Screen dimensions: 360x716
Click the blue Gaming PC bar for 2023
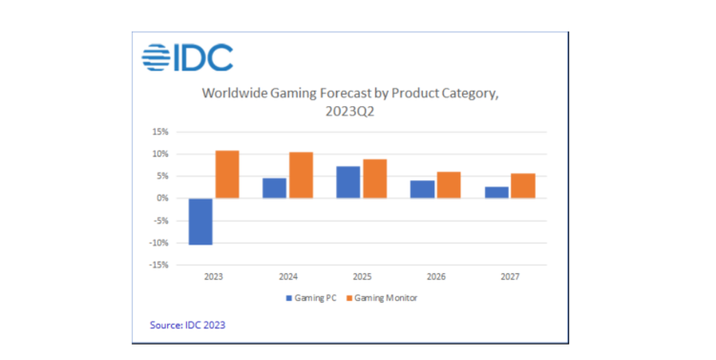click(200, 222)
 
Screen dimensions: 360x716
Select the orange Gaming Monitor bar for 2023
click(226, 174)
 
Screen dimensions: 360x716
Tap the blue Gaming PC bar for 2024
click(274, 188)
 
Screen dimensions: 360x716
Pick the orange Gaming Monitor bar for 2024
click(301, 175)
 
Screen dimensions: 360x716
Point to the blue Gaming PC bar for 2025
click(348, 182)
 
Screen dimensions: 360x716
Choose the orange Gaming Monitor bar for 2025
click(375, 179)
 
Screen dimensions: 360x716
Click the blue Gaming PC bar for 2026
click(422, 189)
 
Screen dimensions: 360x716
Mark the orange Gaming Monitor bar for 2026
click(449, 185)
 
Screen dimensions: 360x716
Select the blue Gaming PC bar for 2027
click(496, 192)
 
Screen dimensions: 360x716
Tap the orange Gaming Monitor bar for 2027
click(523, 186)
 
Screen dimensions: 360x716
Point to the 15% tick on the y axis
click(159, 132)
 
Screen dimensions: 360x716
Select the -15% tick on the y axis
click(158, 265)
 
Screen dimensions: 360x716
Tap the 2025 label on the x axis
click(361, 277)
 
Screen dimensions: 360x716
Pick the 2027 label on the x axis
click(509, 277)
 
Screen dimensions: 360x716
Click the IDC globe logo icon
click(156, 58)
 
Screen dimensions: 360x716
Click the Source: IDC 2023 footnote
click(188, 326)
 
